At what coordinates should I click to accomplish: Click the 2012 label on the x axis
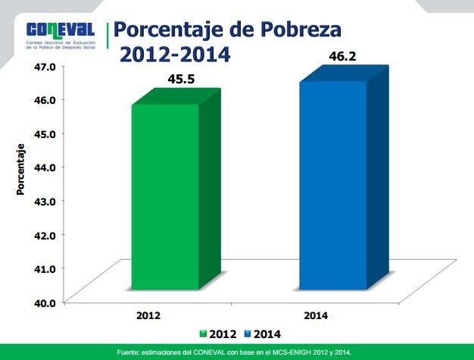point(148,315)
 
